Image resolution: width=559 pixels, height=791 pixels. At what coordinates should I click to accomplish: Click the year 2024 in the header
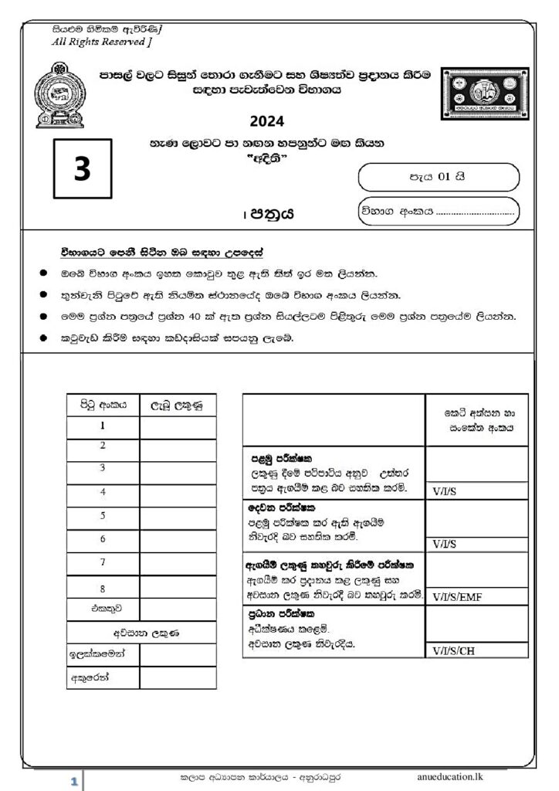coord(267,121)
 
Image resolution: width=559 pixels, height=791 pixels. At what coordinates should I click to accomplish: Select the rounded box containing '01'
coord(438,177)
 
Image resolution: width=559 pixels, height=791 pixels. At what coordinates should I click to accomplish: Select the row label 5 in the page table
coord(103,515)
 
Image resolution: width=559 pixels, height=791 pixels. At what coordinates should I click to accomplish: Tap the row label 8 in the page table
coord(103,589)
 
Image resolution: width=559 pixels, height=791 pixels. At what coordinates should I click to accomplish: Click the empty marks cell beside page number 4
coord(178,492)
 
